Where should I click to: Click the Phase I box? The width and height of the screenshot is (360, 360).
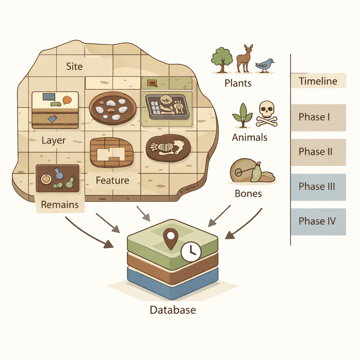(x=318, y=117)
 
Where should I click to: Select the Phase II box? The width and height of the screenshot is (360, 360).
(x=318, y=152)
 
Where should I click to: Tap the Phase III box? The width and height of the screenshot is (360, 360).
(x=318, y=186)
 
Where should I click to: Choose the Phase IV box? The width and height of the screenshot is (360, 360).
(x=318, y=221)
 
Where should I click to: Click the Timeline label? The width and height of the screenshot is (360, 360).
(x=318, y=81)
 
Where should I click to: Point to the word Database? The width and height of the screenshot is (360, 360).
(x=173, y=310)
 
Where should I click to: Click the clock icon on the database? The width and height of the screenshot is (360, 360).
(x=191, y=251)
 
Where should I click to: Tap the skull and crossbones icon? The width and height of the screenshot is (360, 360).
(x=266, y=113)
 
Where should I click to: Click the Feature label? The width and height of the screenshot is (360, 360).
(x=112, y=181)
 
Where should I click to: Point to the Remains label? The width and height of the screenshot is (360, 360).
(x=60, y=205)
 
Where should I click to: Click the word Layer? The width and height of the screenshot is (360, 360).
(x=53, y=141)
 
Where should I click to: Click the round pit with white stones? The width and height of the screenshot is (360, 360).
(x=112, y=108)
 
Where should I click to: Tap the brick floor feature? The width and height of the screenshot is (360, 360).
(x=111, y=152)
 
